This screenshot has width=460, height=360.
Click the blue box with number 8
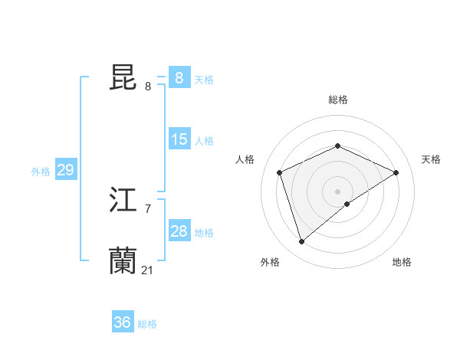(179, 78)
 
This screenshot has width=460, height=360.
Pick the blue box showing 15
(179, 139)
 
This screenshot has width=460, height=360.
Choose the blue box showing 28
(179, 231)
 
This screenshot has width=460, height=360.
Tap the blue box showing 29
(65, 170)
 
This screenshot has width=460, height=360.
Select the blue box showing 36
(123, 322)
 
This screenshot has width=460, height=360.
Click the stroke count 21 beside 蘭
(148, 270)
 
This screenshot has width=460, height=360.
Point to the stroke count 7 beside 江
(147, 209)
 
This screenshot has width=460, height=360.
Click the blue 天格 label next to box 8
(204, 80)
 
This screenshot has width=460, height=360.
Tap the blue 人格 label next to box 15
(204, 141)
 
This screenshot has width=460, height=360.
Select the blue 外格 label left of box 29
(41, 172)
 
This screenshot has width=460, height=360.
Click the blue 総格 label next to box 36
(147, 324)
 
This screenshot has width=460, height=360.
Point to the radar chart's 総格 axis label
(337, 100)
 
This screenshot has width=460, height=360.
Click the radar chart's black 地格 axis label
(402, 262)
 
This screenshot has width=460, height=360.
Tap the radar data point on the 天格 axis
(396, 172)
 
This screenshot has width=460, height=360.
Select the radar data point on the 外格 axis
(302, 242)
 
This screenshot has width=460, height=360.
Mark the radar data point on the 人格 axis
(280, 172)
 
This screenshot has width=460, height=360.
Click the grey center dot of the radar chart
(337, 191)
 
